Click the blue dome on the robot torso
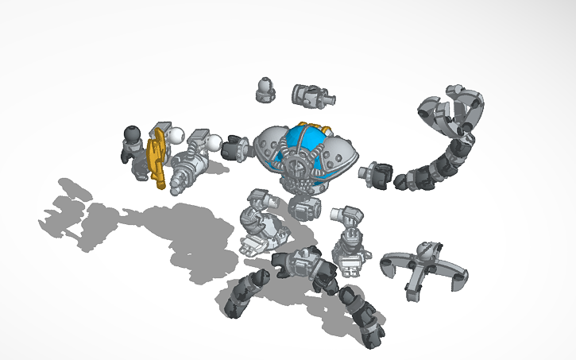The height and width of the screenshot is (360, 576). (x=304, y=143)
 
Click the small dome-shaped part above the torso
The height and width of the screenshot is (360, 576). (x=265, y=89)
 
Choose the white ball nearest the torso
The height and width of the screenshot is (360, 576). (x=215, y=144)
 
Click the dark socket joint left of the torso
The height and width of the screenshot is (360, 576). (x=236, y=149)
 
